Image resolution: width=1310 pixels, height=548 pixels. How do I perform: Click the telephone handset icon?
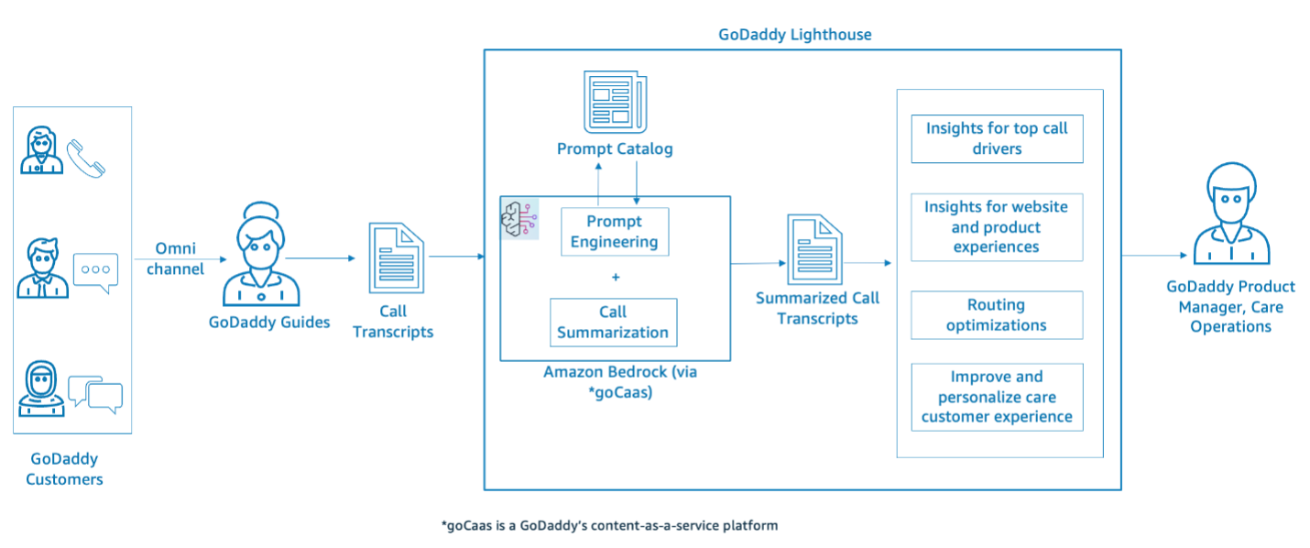coord(86,158)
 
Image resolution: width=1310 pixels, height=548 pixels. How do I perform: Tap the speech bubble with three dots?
coord(96,270)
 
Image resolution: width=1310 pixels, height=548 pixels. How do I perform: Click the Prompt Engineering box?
coord(615,232)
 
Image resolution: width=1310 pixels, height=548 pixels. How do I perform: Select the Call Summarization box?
coord(613,323)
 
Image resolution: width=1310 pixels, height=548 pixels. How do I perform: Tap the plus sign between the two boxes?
coord(616,277)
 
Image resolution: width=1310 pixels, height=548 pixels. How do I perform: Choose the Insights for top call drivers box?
coord(997,138)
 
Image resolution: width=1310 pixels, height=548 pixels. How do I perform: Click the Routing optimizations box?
coord(997,315)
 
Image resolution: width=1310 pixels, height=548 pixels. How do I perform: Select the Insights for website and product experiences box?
coord(997,227)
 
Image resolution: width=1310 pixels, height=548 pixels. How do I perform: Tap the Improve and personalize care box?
coord(997,397)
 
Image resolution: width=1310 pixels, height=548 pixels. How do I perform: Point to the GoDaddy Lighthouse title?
coord(795,35)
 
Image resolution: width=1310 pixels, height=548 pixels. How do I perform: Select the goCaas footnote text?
coord(609,526)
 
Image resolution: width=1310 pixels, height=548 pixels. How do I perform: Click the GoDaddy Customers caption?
coord(64,469)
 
